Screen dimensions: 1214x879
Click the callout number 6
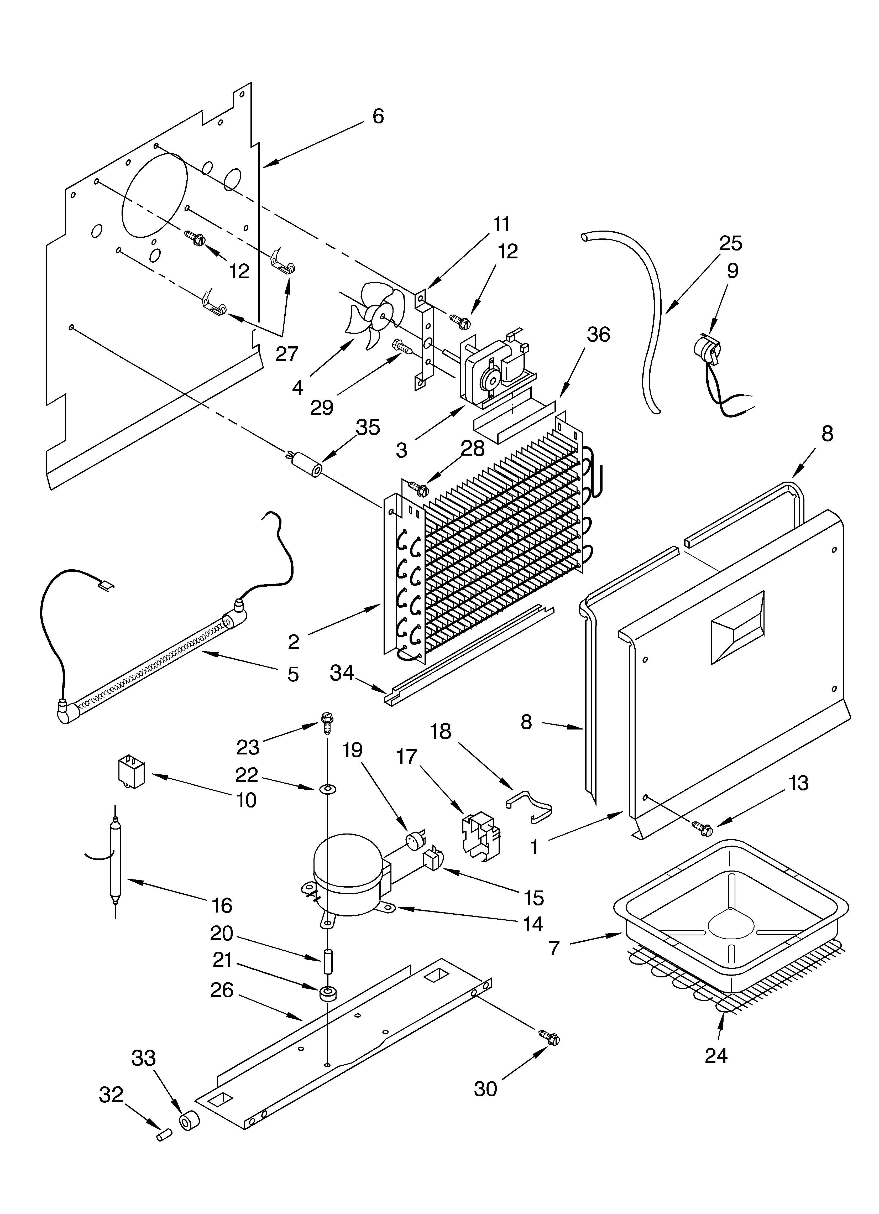[x=378, y=116]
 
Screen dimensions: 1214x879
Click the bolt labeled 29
[x=401, y=346]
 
